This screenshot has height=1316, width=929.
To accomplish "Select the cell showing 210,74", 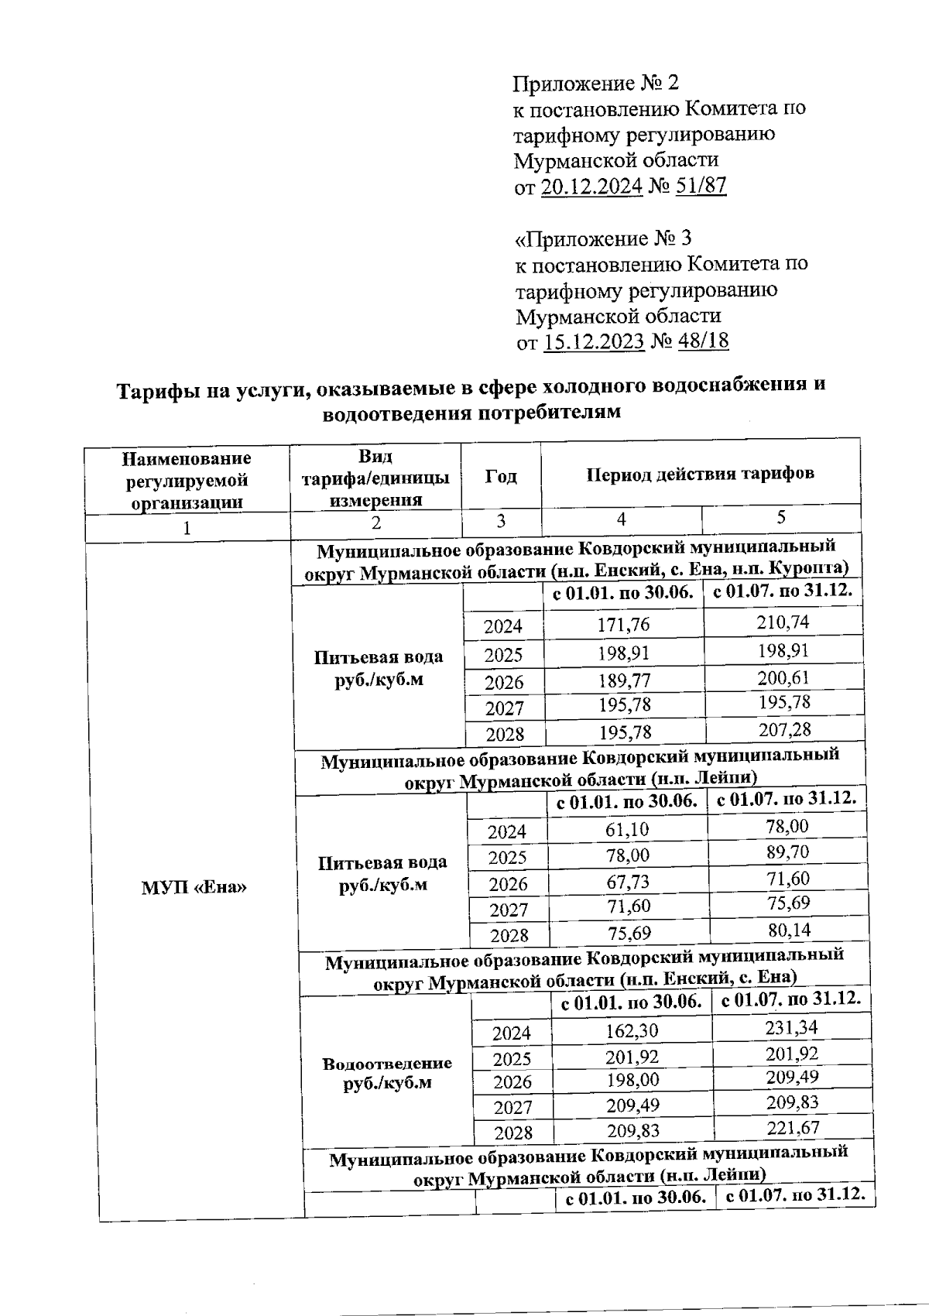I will (783, 622).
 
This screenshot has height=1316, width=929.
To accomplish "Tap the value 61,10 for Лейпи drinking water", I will (627, 830).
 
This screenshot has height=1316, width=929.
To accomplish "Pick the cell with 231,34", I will (792, 1028).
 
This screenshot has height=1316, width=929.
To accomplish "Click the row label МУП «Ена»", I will (194, 887).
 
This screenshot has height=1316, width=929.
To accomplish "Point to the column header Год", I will (501, 477).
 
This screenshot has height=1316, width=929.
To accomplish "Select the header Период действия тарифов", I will (700, 474).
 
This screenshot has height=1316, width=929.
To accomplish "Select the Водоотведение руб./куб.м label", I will (386, 1073).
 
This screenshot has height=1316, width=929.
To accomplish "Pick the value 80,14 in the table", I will (788, 930).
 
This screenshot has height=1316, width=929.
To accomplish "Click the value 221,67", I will (793, 1128).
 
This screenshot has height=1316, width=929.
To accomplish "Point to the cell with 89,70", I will (787, 852).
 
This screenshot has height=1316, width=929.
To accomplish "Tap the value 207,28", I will (784, 729).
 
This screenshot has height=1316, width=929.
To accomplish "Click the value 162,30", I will (632, 1031).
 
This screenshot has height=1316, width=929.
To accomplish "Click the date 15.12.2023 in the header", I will (594, 341).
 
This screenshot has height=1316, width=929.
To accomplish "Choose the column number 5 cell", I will (781, 517).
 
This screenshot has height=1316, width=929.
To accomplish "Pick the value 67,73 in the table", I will (628, 882).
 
